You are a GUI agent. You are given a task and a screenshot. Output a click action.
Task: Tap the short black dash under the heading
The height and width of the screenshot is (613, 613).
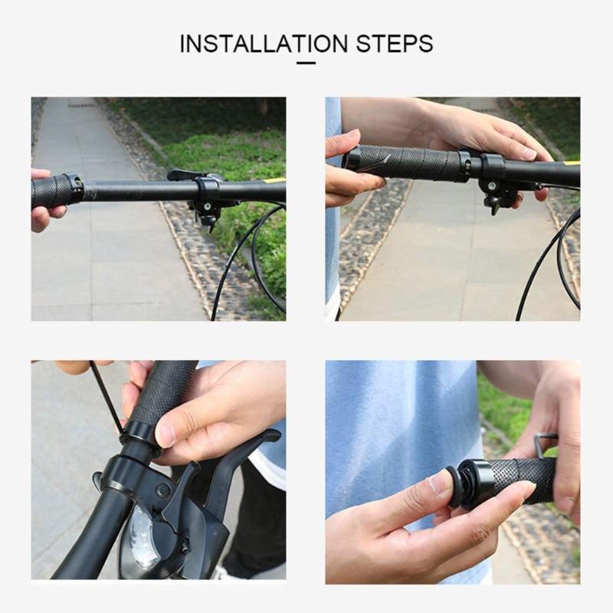306,62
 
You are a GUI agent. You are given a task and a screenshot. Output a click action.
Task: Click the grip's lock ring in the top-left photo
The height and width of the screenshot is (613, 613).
74,188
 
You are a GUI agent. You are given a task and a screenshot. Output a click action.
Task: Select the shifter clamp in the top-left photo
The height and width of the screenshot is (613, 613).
206,190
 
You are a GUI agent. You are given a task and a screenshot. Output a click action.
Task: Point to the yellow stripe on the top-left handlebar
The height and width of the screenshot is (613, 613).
275,182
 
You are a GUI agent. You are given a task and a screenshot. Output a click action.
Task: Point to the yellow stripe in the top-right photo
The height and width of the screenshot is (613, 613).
572,162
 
